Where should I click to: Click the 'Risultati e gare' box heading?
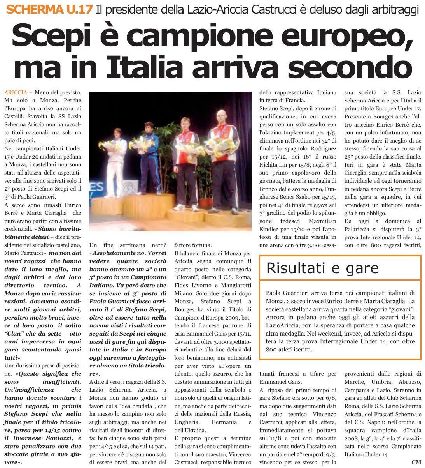click(x=322, y=268)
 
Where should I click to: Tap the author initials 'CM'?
click(x=416, y=462)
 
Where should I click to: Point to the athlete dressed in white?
click(x=115, y=160)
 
